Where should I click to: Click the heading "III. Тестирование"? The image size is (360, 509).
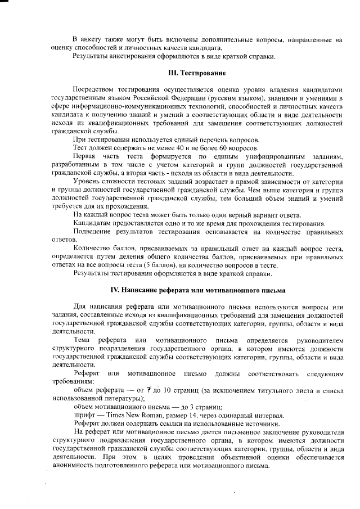click(197, 73)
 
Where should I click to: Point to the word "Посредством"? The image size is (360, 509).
click(93, 89)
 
